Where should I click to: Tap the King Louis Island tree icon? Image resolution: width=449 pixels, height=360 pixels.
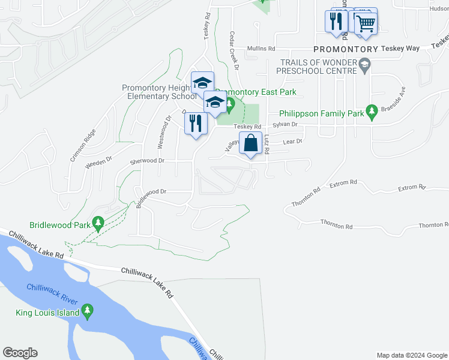pyautogui.click(x=88, y=311)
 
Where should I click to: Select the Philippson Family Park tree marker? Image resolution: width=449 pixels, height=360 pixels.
pyautogui.click(x=372, y=112)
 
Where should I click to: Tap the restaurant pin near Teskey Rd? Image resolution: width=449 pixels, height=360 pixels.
pyautogui.click(x=196, y=124)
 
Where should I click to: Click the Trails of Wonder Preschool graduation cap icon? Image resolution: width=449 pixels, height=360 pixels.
pyautogui.click(x=364, y=65)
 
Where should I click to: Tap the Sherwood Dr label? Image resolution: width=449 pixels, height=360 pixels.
pyautogui.click(x=147, y=161)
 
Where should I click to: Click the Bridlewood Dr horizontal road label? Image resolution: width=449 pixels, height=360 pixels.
pyautogui.click(x=154, y=191)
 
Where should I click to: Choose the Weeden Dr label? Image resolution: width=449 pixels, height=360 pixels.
pyautogui.click(x=100, y=162)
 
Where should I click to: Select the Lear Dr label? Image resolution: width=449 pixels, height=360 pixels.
pyautogui.click(x=292, y=141)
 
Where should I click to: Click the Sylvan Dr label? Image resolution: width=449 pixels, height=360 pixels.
pyautogui.click(x=285, y=124)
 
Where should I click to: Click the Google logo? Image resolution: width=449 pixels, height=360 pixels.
pyautogui.click(x=20, y=352)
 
